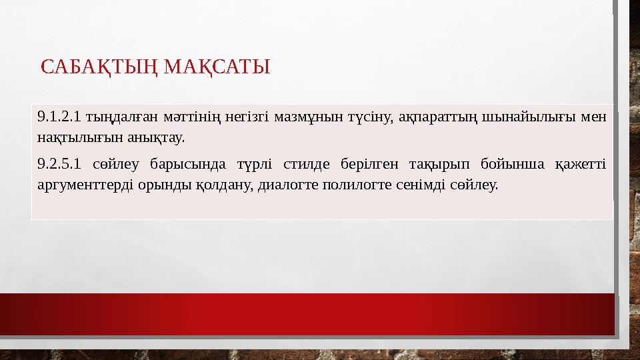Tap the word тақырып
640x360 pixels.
[435, 164]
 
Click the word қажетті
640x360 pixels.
[580, 164]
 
